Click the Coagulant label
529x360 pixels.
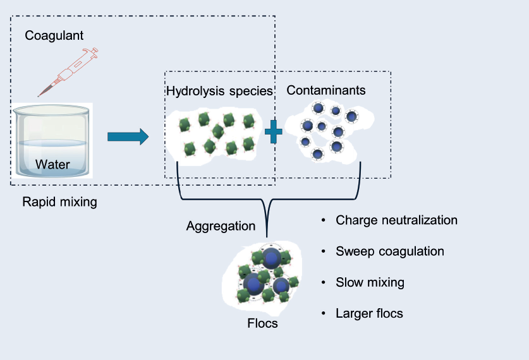(x=54, y=35)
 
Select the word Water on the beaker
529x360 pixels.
(x=52, y=165)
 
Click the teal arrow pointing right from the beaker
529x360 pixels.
(x=128, y=136)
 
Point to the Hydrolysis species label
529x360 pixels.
(x=219, y=91)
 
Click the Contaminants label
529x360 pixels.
(x=325, y=90)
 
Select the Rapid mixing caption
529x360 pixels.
(x=59, y=202)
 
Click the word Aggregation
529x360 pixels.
(x=221, y=226)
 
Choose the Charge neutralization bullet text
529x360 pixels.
(x=396, y=220)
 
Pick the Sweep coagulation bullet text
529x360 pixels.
(x=389, y=251)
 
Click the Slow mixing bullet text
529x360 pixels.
(x=370, y=282)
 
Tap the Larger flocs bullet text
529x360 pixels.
(x=369, y=313)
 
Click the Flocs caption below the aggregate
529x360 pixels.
(x=262, y=324)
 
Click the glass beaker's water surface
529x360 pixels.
(x=52, y=143)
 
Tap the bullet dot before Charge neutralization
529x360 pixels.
(x=324, y=221)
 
